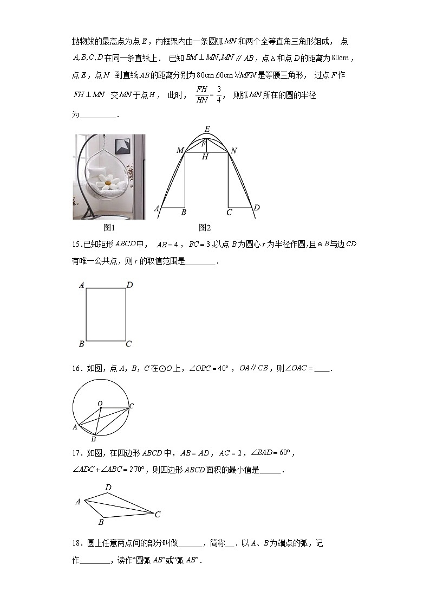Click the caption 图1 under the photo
point(110,227)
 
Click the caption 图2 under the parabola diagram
point(205,227)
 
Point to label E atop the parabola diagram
point(207,129)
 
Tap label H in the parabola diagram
point(205,157)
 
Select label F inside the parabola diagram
point(203,144)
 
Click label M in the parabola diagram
point(180,150)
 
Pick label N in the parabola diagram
point(234,150)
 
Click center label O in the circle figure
point(100,403)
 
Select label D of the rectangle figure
point(130,285)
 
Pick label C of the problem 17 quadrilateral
point(158,515)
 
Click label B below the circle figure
point(93,439)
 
